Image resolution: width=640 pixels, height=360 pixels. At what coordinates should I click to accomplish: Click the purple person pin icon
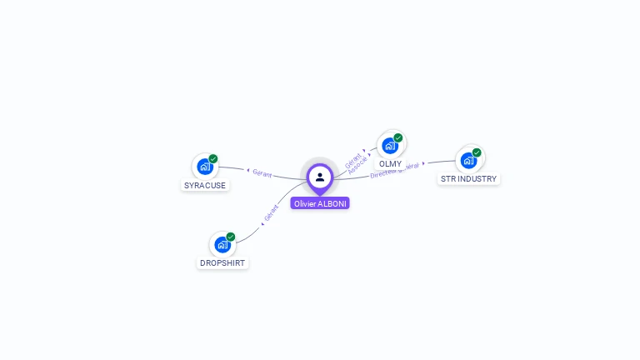pos(320,177)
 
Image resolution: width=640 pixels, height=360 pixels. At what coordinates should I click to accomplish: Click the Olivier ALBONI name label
pos(320,203)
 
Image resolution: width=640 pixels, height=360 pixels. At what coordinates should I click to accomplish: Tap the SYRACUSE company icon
pos(204,167)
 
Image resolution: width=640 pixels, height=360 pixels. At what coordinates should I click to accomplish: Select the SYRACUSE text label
pos(205,185)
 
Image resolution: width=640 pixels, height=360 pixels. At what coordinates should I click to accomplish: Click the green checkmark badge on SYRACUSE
pos(213,158)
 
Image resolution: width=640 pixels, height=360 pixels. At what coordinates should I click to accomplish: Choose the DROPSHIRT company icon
pos(222,245)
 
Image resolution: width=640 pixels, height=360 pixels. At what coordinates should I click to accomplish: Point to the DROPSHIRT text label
pos(223,262)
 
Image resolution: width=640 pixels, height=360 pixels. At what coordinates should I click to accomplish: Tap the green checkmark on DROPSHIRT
pos(231,237)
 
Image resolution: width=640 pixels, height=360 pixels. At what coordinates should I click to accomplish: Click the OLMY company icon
pos(389,145)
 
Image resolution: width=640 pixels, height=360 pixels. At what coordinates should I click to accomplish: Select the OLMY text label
pos(390,163)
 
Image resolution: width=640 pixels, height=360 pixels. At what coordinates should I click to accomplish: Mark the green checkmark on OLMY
pos(398,137)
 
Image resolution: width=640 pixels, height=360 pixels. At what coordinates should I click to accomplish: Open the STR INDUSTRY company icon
pos(468,160)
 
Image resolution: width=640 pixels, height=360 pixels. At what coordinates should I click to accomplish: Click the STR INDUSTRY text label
pos(468,178)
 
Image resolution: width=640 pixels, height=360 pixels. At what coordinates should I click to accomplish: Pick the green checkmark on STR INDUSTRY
pos(477,152)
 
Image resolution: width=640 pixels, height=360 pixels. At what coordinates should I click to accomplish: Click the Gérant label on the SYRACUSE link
pos(262,173)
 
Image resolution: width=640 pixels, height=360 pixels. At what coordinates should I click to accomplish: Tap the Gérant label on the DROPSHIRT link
pos(272,213)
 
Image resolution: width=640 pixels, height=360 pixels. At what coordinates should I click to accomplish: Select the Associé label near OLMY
pos(357,164)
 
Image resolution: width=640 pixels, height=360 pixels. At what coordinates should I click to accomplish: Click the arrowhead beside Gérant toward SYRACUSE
pos(248,171)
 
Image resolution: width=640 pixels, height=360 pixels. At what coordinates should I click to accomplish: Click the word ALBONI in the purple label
pos(332,203)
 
